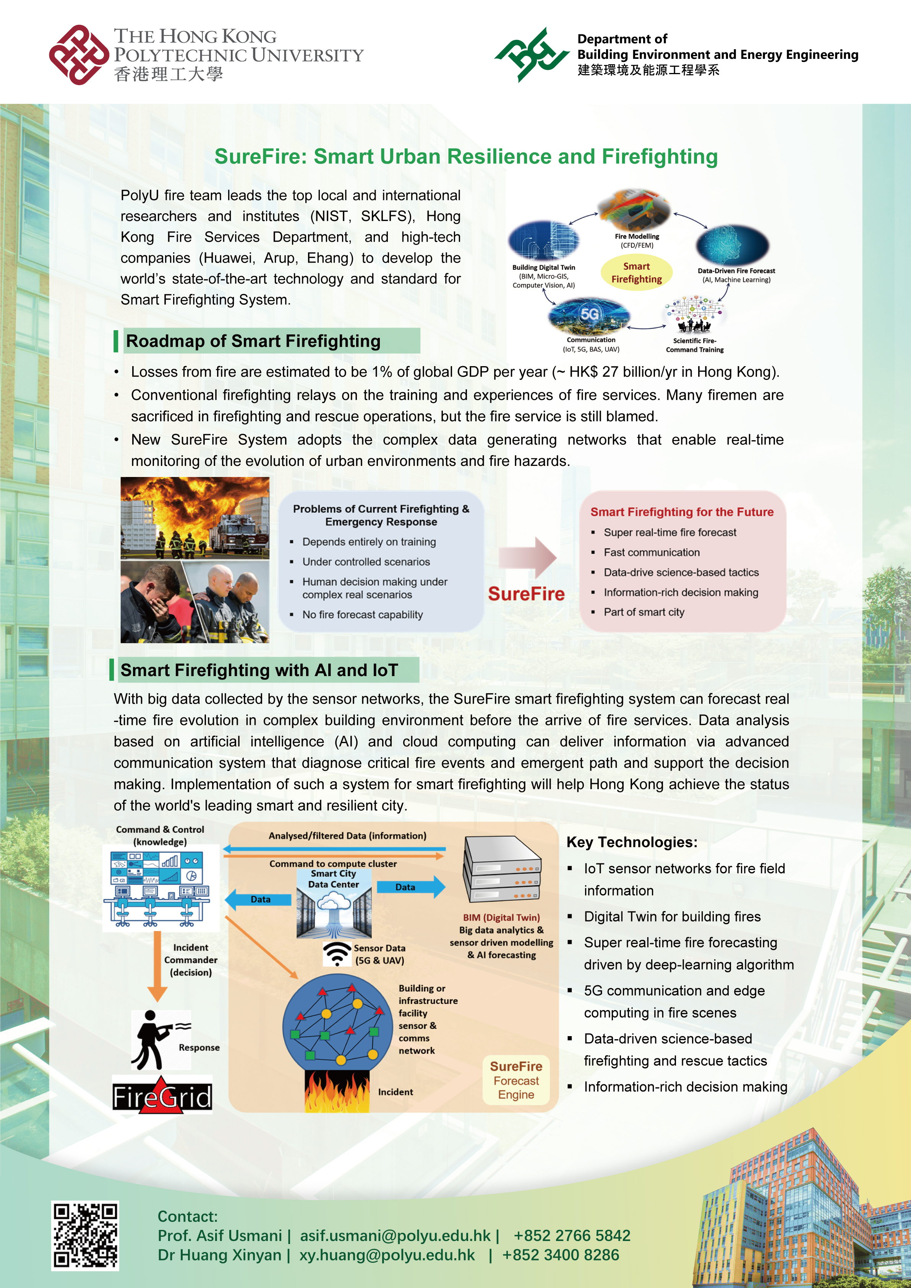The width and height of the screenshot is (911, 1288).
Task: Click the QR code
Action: pyautogui.click(x=85, y=1235)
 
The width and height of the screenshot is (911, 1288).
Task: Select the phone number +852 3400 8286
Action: pyautogui.click(x=561, y=1255)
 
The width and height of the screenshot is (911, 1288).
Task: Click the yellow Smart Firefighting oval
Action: pyautogui.click(x=636, y=273)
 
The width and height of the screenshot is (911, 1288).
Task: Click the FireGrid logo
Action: pyautogui.click(x=162, y=1095)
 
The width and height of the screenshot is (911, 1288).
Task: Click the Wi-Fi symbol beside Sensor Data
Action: pyautogui.click(x=337, y=954)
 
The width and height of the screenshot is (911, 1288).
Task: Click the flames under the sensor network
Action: pyautogui.click(x=337, y=1091)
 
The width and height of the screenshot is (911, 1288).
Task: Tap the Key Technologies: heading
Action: pyautogui.click(x=632, y=842)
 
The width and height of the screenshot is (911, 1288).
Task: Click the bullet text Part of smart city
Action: pyautogui.click(x=644, y=612)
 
